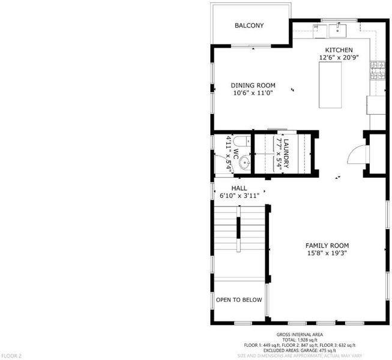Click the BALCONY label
click(249, 25)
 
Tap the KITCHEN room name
click(339, 50)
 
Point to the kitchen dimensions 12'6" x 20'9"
click(339, 58)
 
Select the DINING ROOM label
click(253, 85)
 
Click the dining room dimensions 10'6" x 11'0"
click(253, 93)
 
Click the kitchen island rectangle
click(330, 85)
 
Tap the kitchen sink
click(337, 31)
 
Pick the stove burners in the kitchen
click(378, 70)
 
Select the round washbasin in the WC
click(244, 163)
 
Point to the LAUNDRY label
click(286, 154)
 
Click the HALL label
click(240, 188)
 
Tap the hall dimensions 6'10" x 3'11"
click(240, 196)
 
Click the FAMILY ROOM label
click(327, 245)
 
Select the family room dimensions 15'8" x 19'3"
click(327, 253)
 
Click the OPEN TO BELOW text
click(239, 300)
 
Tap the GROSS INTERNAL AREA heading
click(300, 335)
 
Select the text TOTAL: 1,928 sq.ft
click(300, 340)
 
